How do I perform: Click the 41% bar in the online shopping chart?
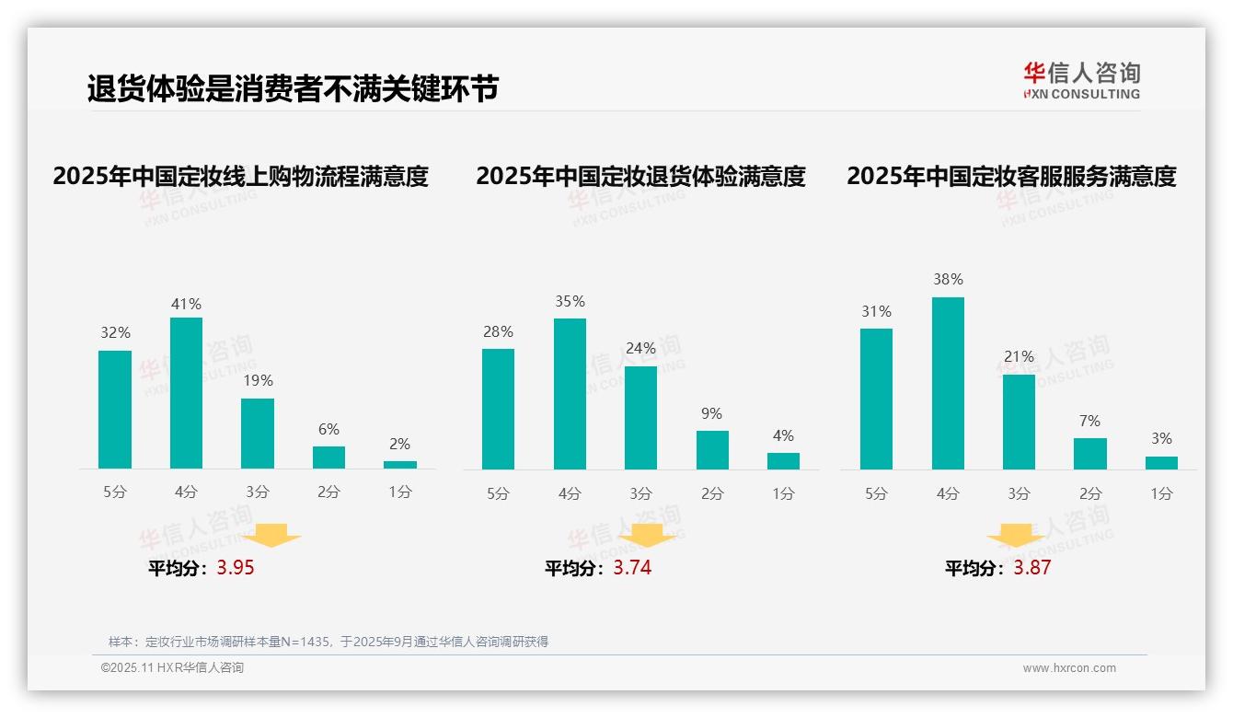186,393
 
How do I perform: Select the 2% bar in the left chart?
400,465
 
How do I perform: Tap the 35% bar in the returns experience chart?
570,394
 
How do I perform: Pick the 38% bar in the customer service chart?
948,383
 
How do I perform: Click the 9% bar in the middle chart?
712,450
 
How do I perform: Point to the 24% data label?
640,349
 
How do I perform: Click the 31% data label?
876,312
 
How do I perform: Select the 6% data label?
328,429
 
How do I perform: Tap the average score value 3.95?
236,568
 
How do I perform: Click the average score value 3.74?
632,568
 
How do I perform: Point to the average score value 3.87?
1031,568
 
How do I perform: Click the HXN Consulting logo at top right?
1081,80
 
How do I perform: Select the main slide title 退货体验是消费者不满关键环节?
293,88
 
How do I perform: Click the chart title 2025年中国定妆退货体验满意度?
640,176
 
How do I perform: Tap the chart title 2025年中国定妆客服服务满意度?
1011,176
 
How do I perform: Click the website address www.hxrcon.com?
1069,668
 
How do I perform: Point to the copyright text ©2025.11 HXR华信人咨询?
172,668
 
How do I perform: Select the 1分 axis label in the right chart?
1161,493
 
